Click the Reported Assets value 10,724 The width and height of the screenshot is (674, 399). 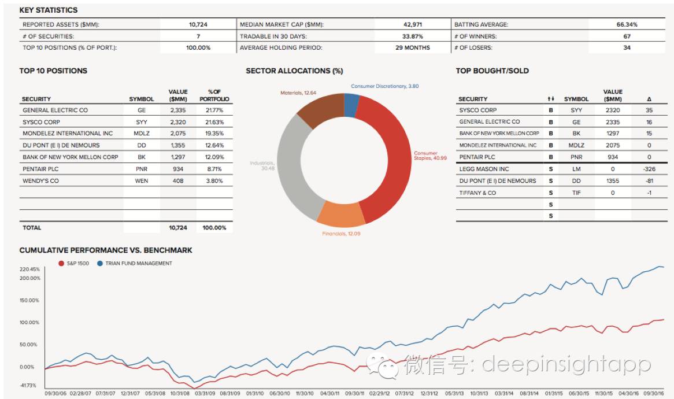coord(198,25)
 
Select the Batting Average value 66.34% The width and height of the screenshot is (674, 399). coord(627,25)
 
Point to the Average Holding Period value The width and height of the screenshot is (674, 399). coord(413,47)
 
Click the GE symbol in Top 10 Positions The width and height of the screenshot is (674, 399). coord(142,110)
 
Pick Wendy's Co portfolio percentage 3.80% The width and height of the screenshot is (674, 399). coord(214,180)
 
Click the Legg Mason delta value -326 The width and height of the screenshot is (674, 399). coord(649,169)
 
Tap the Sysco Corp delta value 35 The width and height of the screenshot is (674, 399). coord(649,110)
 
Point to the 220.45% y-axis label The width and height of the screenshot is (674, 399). coord(29,269)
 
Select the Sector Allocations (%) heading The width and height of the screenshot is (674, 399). coord(294,71)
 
